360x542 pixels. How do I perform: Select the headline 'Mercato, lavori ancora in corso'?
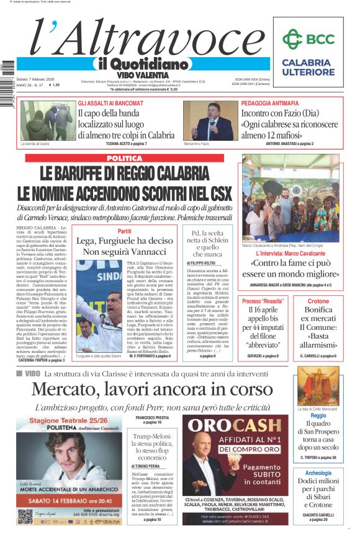point(152,389)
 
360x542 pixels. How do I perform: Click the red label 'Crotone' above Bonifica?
point(318,301)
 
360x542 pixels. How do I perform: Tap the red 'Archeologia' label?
point(318,473)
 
